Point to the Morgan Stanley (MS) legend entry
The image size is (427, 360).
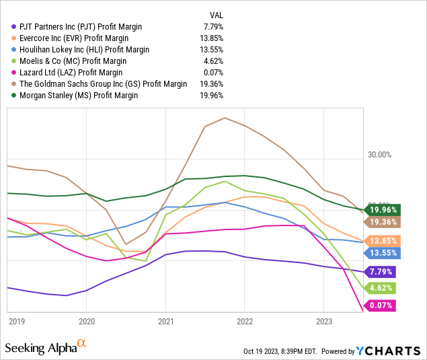click(79, 96)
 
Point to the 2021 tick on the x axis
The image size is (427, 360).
click(165, 321)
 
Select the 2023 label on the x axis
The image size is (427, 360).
click(324, 321)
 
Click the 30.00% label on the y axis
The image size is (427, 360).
click(379, 155)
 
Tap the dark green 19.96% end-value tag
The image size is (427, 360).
click(381, 209)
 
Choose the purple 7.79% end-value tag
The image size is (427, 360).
click(381, 272)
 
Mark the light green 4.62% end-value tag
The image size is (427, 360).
click(381, 288)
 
